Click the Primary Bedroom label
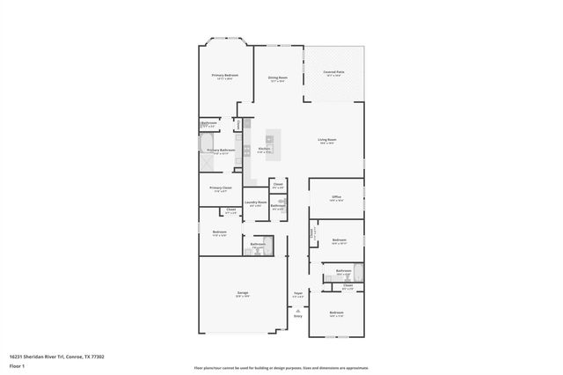225,77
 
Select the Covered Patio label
333,73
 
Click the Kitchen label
264,150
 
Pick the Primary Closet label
220,187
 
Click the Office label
336,198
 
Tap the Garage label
242,294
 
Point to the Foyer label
297,294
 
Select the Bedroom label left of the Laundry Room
220,232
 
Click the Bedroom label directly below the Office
339,240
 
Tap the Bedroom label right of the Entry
336,313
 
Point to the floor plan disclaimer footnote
281,368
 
